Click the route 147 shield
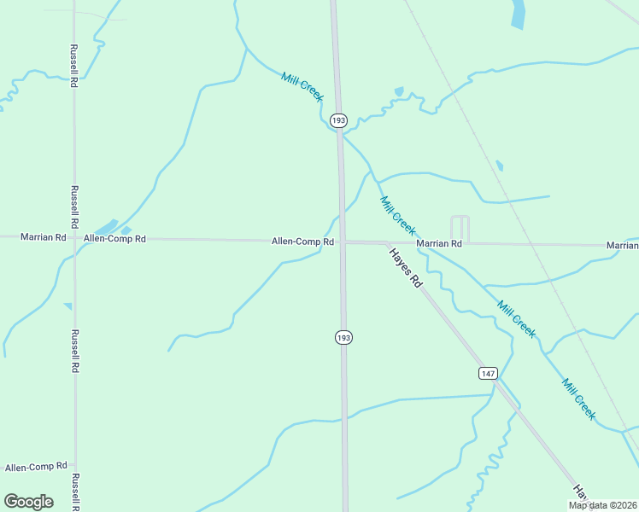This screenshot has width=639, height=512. point(488,374)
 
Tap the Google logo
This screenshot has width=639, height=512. point(28,501)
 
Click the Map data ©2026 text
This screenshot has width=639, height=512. point(602,505)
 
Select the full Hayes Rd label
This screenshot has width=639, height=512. point(406,267)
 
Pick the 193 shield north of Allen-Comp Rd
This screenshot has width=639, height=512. point(339,121)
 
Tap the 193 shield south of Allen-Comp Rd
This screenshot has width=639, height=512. point(343,338)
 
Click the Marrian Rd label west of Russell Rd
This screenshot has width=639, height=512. point(44,236)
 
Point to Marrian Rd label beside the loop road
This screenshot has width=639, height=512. point(439,243)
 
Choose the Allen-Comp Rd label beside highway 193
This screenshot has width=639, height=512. point(302,241)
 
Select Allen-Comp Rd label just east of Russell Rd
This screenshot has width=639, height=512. point(114,239)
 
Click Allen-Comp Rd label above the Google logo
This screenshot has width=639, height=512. point(36,467)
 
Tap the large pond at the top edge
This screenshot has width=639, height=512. point(519,14)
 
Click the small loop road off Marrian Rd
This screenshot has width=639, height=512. point(460,227)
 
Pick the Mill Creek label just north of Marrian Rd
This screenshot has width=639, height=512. point(398,216)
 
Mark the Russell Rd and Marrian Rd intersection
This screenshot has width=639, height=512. point(74,237)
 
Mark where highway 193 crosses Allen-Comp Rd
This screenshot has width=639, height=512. point(342,241)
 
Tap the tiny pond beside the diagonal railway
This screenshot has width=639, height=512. point(499,166)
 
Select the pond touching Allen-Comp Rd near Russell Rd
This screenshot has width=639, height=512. point(107,228)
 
